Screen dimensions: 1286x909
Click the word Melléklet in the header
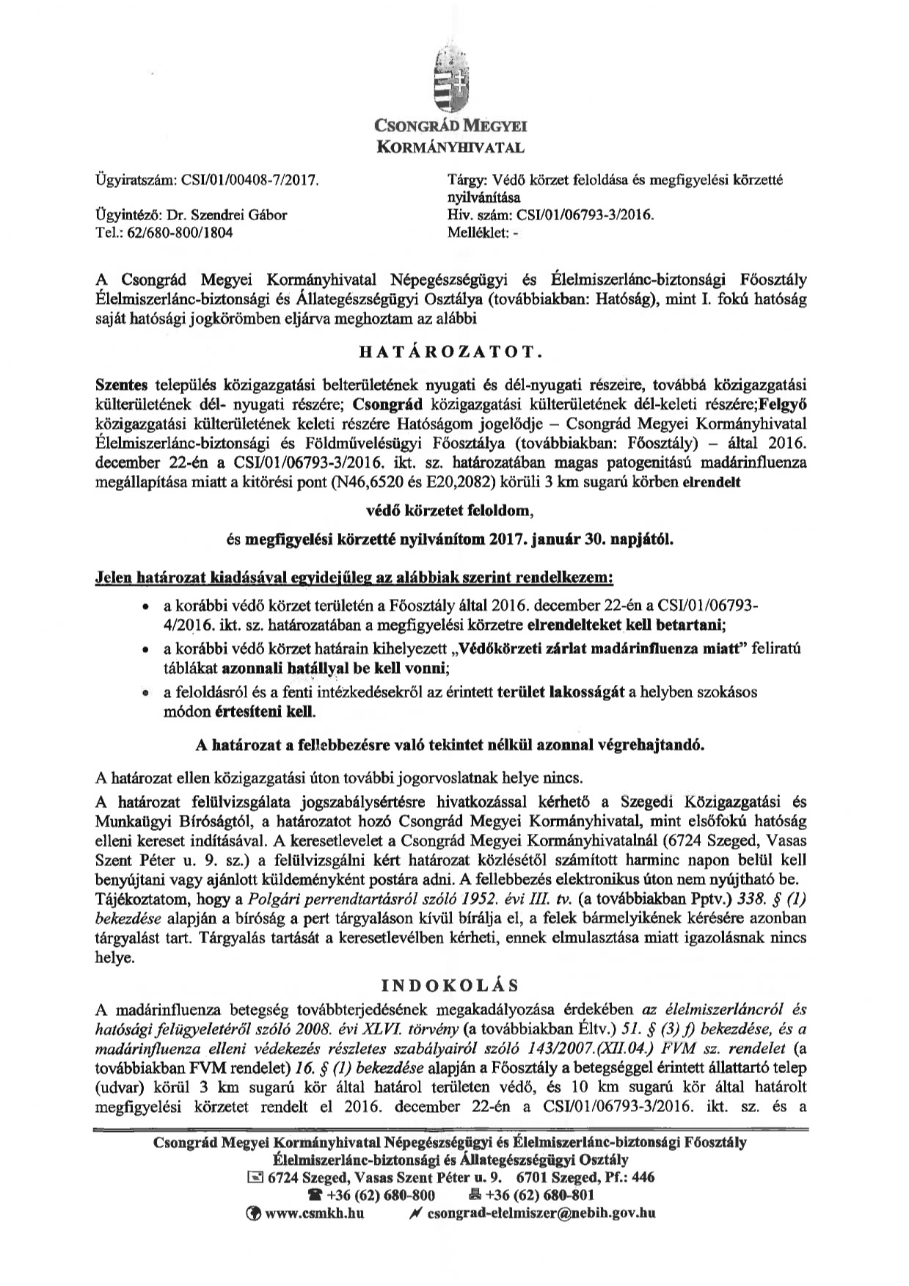(x=477, y=233)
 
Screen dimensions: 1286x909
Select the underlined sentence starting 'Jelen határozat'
(x=354, y=578)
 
